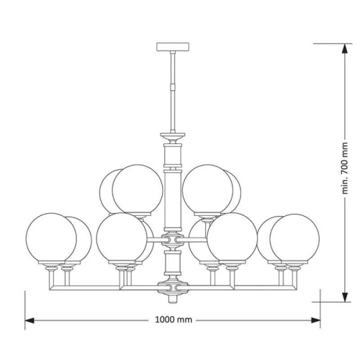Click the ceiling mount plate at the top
[173, 47]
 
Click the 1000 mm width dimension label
[174, 320]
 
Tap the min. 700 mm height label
[345, 168]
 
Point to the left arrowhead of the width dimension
[30, 320]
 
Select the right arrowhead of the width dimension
[315, 320]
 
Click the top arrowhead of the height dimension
[345, 49]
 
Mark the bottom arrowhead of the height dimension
[345, 297]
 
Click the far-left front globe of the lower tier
[51, 238]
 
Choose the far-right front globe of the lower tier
[294, 239]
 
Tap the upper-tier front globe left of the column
[138, 189]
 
